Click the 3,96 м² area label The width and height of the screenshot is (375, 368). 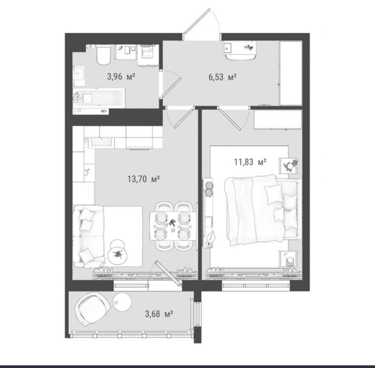point(121,77)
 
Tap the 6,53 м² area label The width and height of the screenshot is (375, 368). point(223,77)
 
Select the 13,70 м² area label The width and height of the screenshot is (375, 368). point(143,179)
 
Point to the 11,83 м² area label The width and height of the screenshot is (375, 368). point(250,162)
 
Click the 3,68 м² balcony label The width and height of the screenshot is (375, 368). point(159,314)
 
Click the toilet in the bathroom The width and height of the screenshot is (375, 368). point(103,55)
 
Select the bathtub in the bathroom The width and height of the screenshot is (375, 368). point(99,98)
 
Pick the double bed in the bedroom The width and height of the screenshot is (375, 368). point(263,210)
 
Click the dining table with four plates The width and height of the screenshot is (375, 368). point(173,226)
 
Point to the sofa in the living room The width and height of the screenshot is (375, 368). point(88,237)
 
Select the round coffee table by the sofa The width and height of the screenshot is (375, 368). point(117,255)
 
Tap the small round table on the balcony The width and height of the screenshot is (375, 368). point(122,302)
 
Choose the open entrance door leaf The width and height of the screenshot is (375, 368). point(197,22)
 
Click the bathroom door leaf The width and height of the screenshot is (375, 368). point(172,87)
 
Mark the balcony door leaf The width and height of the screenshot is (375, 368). point(168,273)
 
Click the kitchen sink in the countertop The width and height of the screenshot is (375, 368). point(101,142)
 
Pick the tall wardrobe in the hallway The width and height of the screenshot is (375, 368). point(290,73)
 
